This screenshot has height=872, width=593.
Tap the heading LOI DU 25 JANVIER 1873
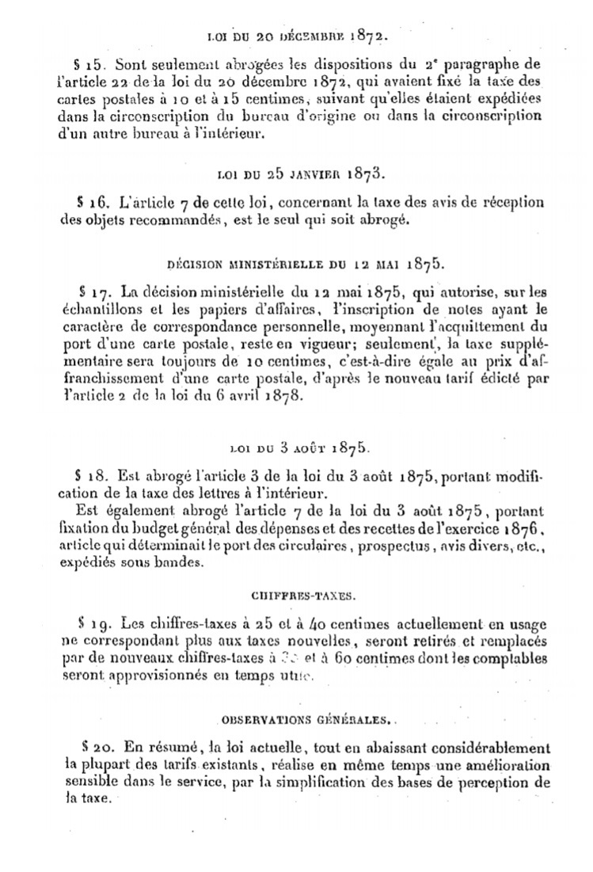pyautogui.click(x=295, y=172)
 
